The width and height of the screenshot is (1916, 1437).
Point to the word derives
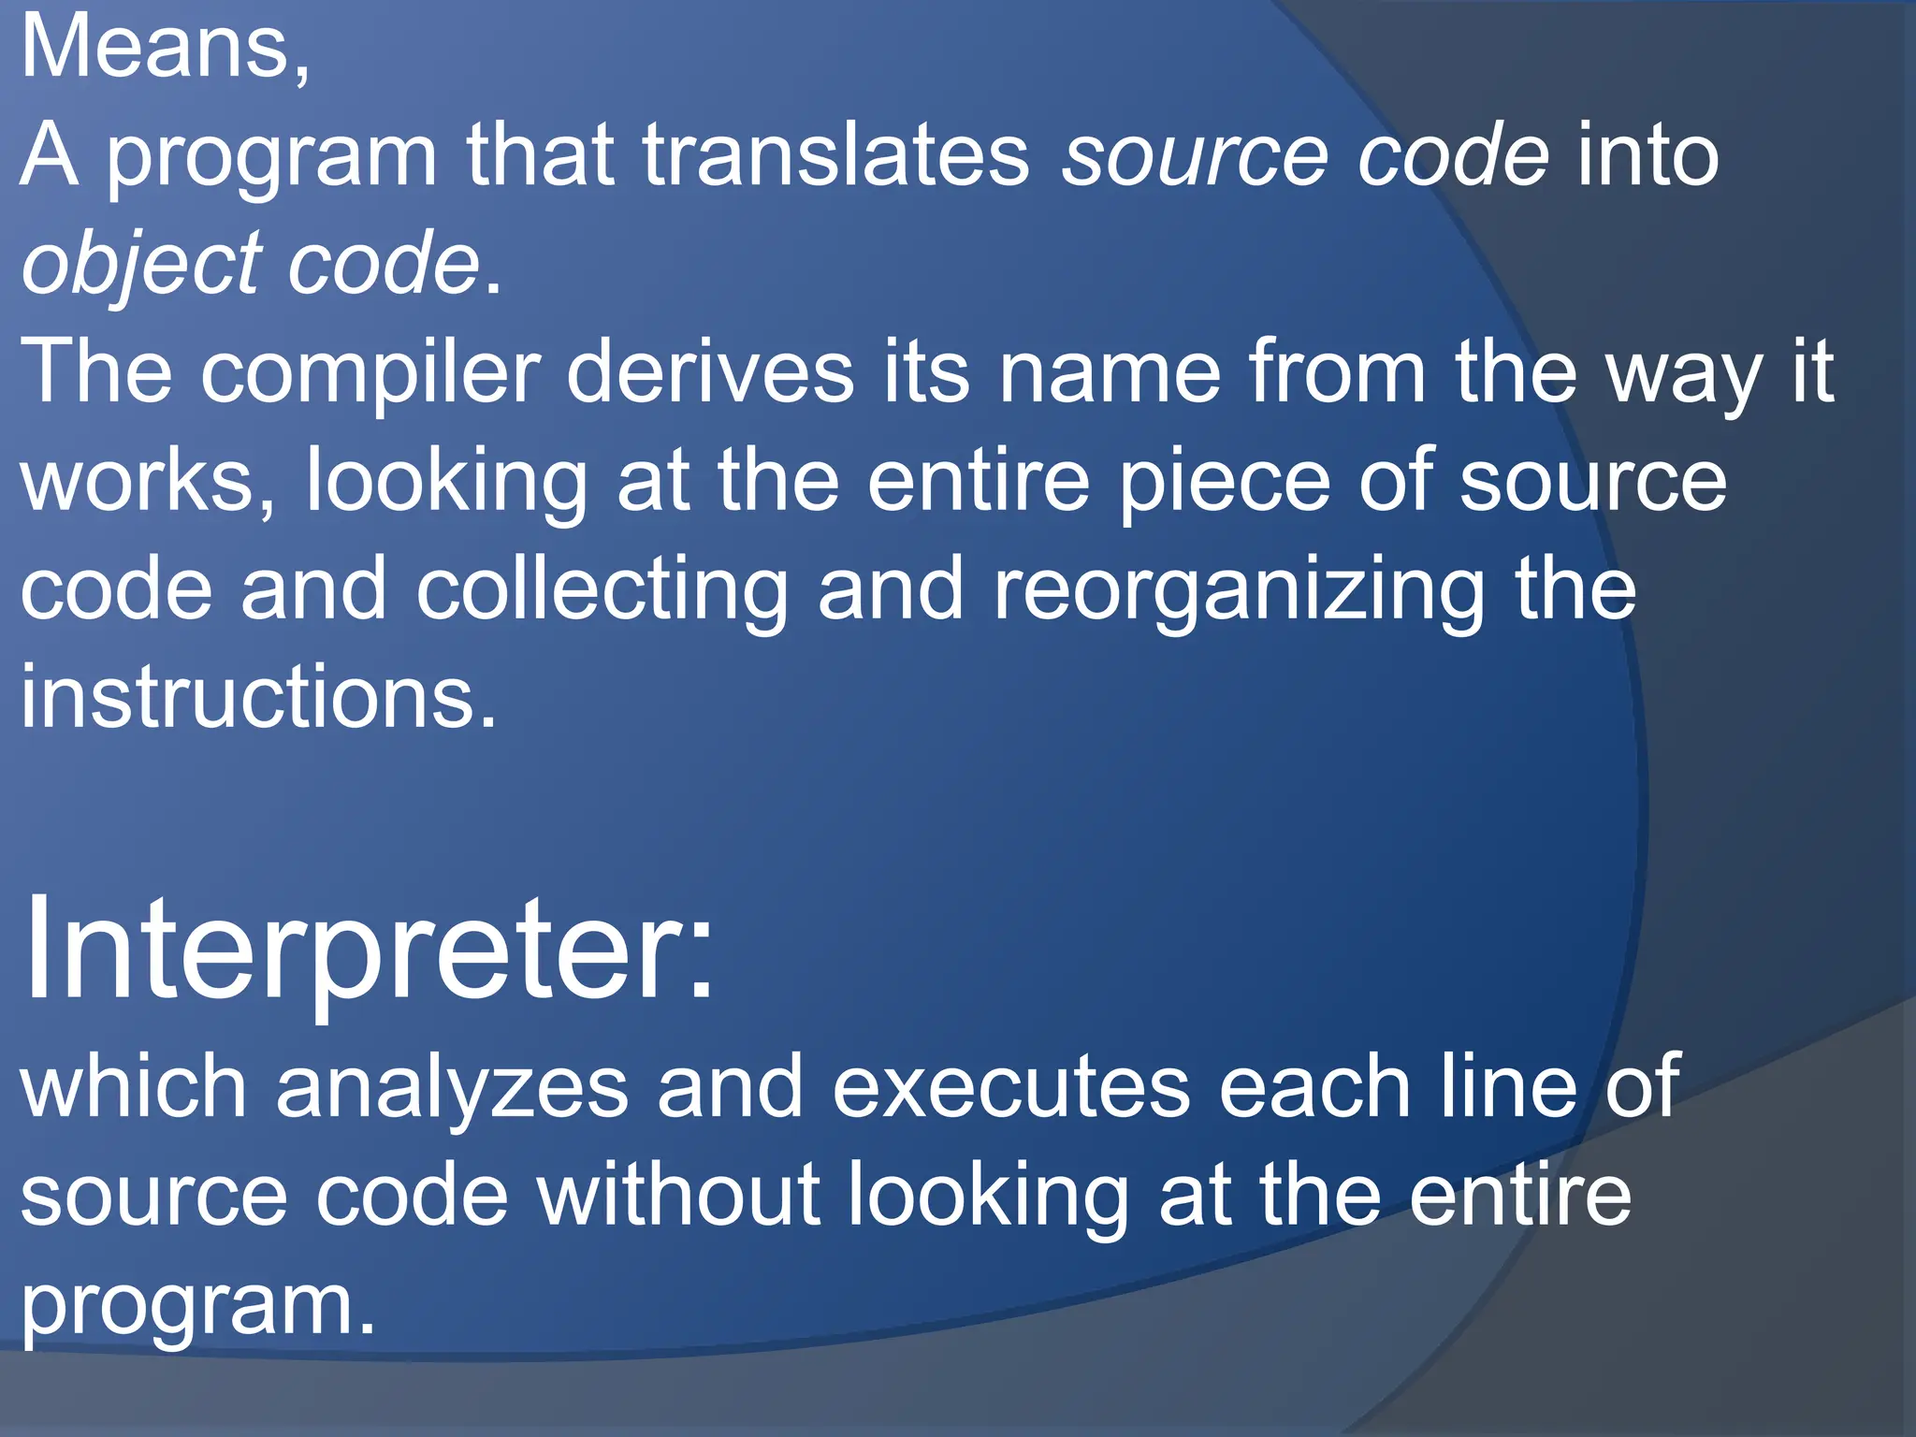click(710, 372)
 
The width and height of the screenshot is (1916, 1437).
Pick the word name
click(1110, 372)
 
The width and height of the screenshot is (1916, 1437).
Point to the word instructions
click(258, 697)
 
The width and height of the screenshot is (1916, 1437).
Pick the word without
click(678, 1195)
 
